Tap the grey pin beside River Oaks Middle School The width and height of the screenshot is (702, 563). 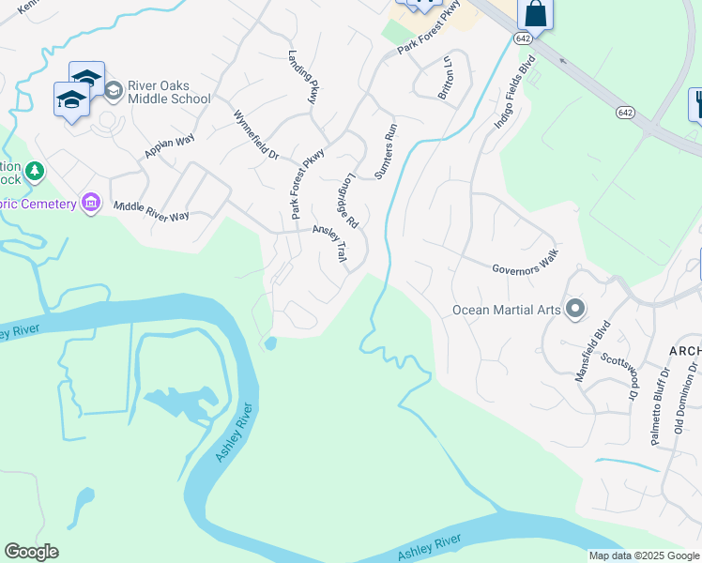tap(114, 91)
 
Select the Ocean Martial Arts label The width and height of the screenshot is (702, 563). tap(506, 310)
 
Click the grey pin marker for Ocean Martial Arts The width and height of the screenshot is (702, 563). tap(575, 309)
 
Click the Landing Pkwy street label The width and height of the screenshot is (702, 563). tap(305, 75)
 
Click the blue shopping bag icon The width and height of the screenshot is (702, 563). tap(535, 14)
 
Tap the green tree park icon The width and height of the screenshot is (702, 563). tap(35, 171)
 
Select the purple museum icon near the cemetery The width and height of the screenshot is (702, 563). tap(91, 202)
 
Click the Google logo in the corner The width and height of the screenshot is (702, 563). tap(31, 552)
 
